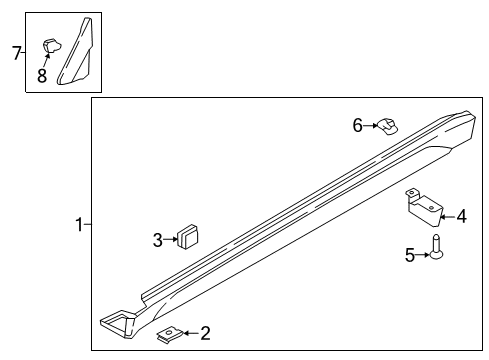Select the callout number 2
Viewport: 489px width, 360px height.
[205, 333]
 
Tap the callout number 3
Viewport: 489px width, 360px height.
[158, 239]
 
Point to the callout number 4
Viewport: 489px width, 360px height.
[461, 215]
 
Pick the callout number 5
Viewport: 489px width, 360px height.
[409, 255]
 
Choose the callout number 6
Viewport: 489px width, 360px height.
[357, 125]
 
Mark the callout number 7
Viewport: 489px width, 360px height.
[16, 53]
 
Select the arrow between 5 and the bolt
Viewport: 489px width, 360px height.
[422, 255]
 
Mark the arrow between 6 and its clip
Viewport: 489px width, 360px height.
[370, 125]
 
